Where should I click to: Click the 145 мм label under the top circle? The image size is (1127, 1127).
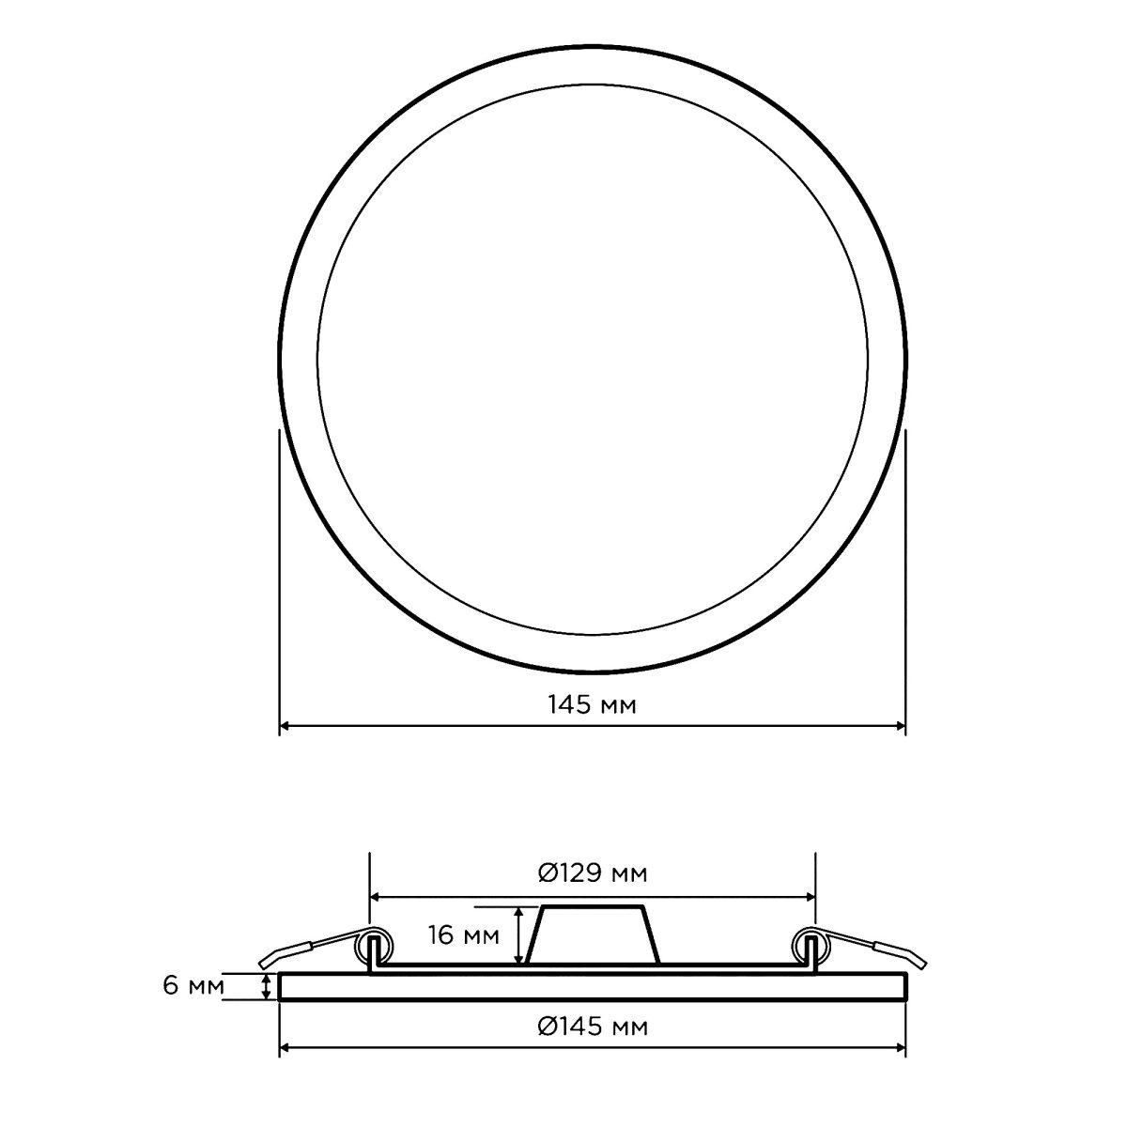pos(592,704)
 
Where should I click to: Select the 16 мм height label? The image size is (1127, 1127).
pos(464,935)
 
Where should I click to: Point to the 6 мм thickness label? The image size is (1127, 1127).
pos(193,985)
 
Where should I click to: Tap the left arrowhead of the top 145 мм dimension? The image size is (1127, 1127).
pos(285,726)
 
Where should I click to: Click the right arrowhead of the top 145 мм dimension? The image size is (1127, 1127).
pos(900,726)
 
